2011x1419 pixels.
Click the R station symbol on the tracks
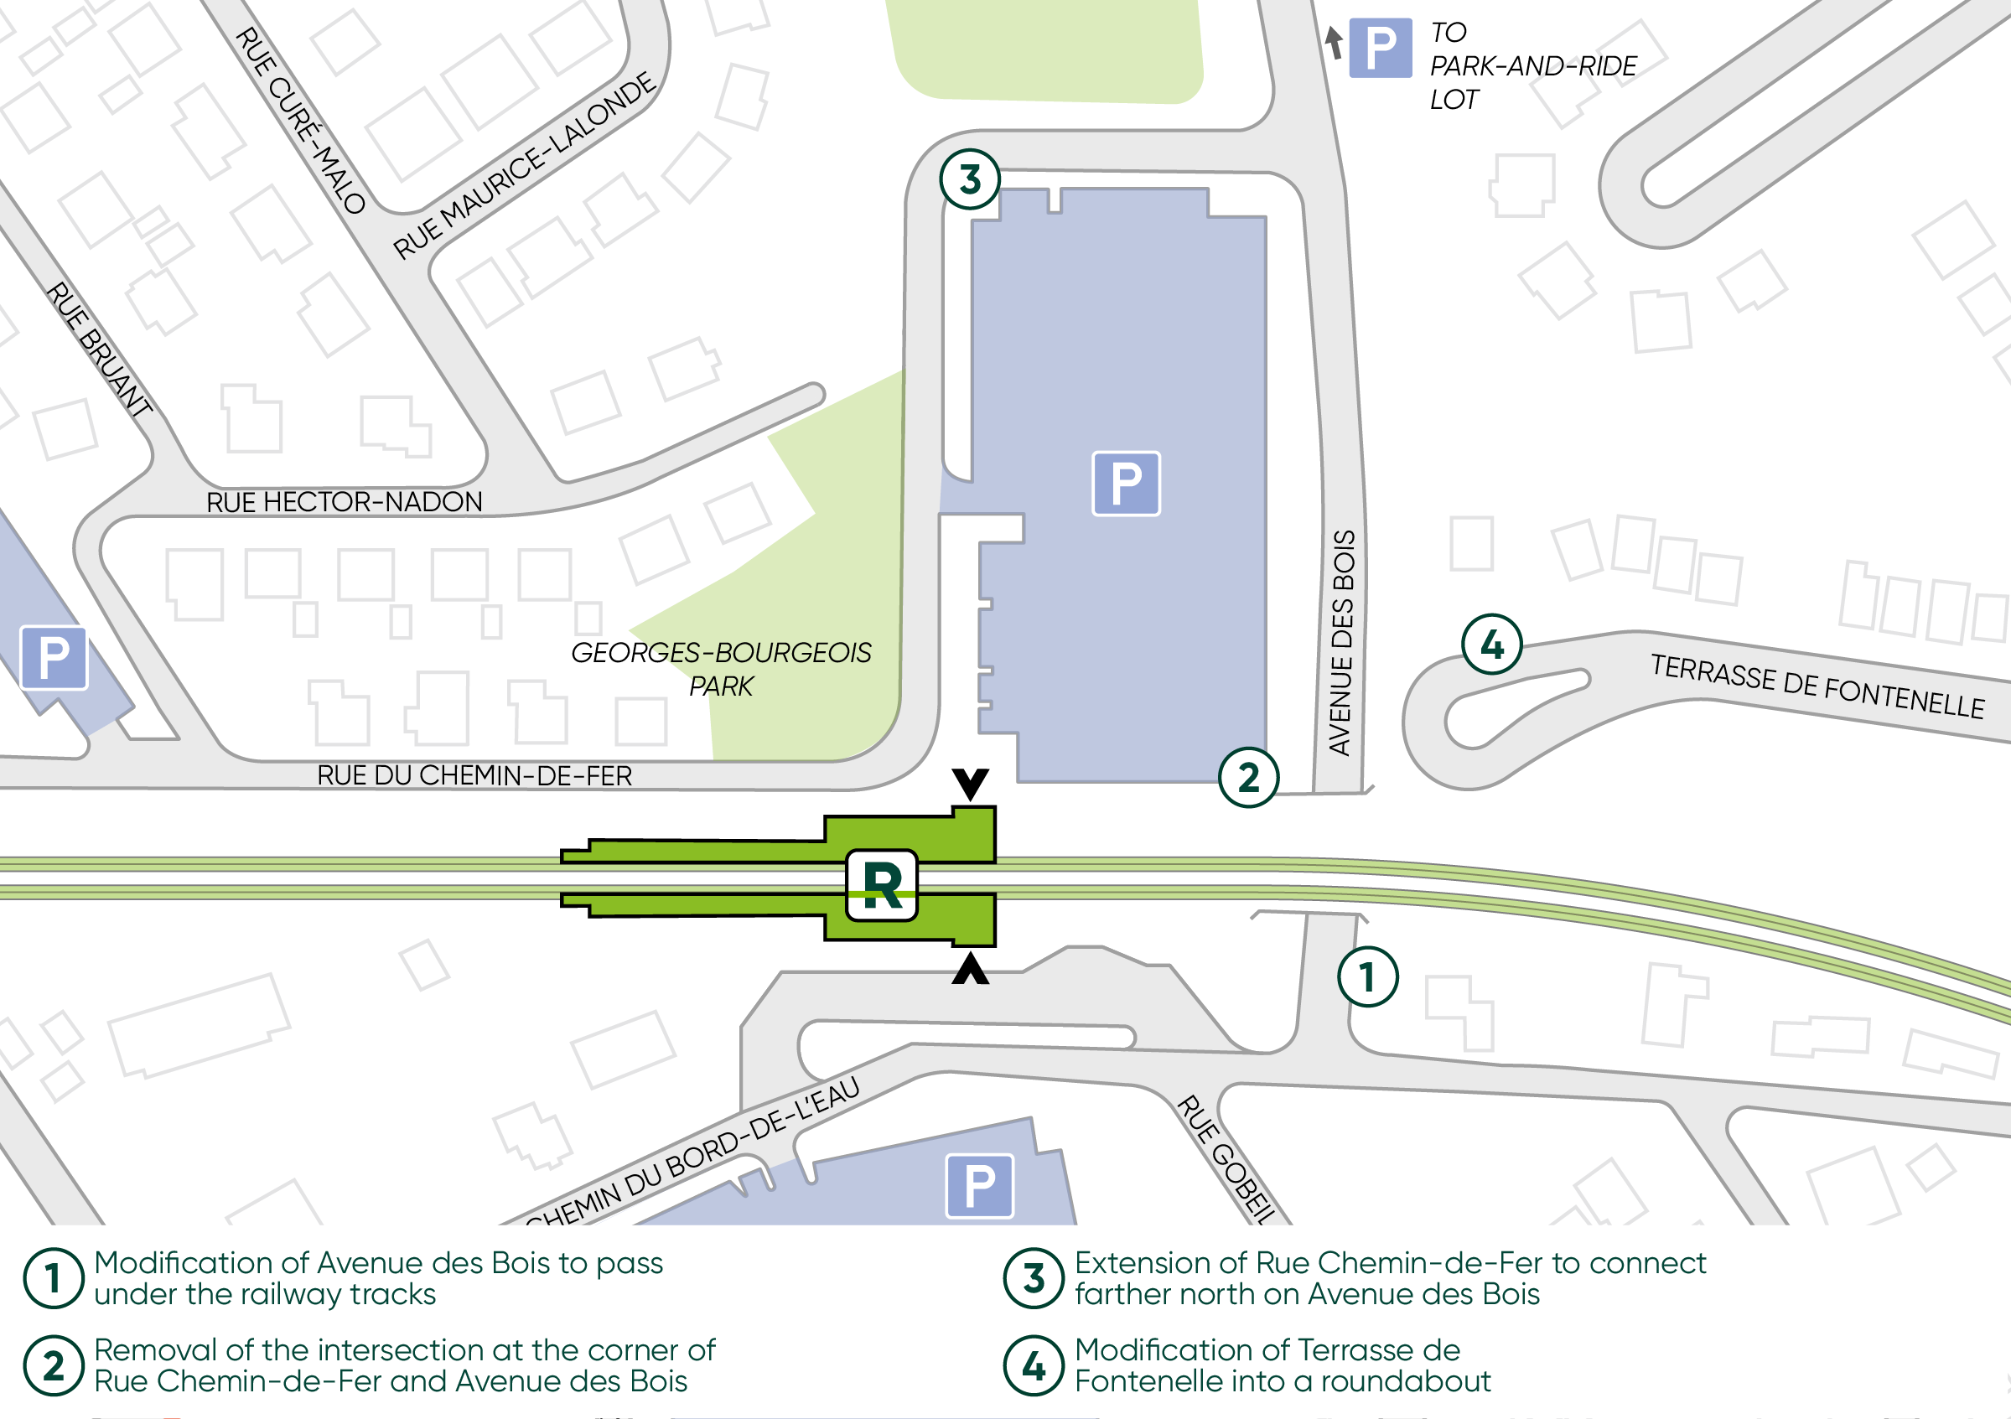(881, 886)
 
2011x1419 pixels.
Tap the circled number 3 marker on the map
(970, 179)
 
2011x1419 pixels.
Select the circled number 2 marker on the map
(1248, 777)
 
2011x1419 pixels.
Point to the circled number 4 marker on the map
(1491, 645)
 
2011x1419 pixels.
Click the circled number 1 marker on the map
(1367, 976)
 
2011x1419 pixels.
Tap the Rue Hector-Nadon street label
(345, 502)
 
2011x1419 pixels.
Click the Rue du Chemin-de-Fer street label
(474, 775)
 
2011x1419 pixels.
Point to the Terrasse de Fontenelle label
(1817, 686)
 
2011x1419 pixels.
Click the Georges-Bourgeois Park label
(721, 668)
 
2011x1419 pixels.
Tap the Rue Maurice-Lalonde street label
(525, 167)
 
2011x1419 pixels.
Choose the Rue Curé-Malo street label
(300, 121)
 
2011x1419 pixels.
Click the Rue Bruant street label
(99, 348)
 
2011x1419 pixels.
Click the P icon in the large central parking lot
(1127, 484)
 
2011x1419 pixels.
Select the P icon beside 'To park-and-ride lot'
(1380, 48)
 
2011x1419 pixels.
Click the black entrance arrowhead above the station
(971, 782)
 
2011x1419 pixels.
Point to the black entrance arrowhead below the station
(971, 970)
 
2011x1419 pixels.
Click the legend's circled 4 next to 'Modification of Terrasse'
(1034, 1365)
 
